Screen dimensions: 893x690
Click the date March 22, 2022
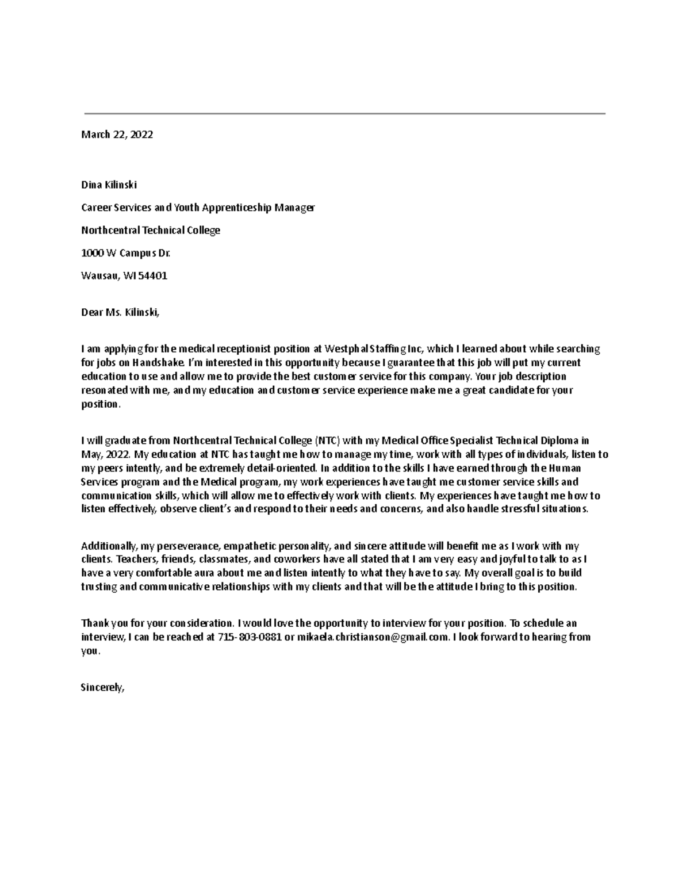pyautogui.click(x=117, y=135)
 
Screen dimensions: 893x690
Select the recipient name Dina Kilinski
pyautogui.click(x=109, y=185)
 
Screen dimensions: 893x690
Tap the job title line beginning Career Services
pyautogui.click(x=198, y=208)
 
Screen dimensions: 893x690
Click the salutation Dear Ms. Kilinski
pyautogui.click(x=119, y=312)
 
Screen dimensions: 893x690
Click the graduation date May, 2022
pyautogui.click(x=101, y=455)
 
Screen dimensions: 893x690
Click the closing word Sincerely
pyautogui.click(x=102, y=687)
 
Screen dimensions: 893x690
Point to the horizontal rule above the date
pyautogui.click(x=345, y=114)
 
